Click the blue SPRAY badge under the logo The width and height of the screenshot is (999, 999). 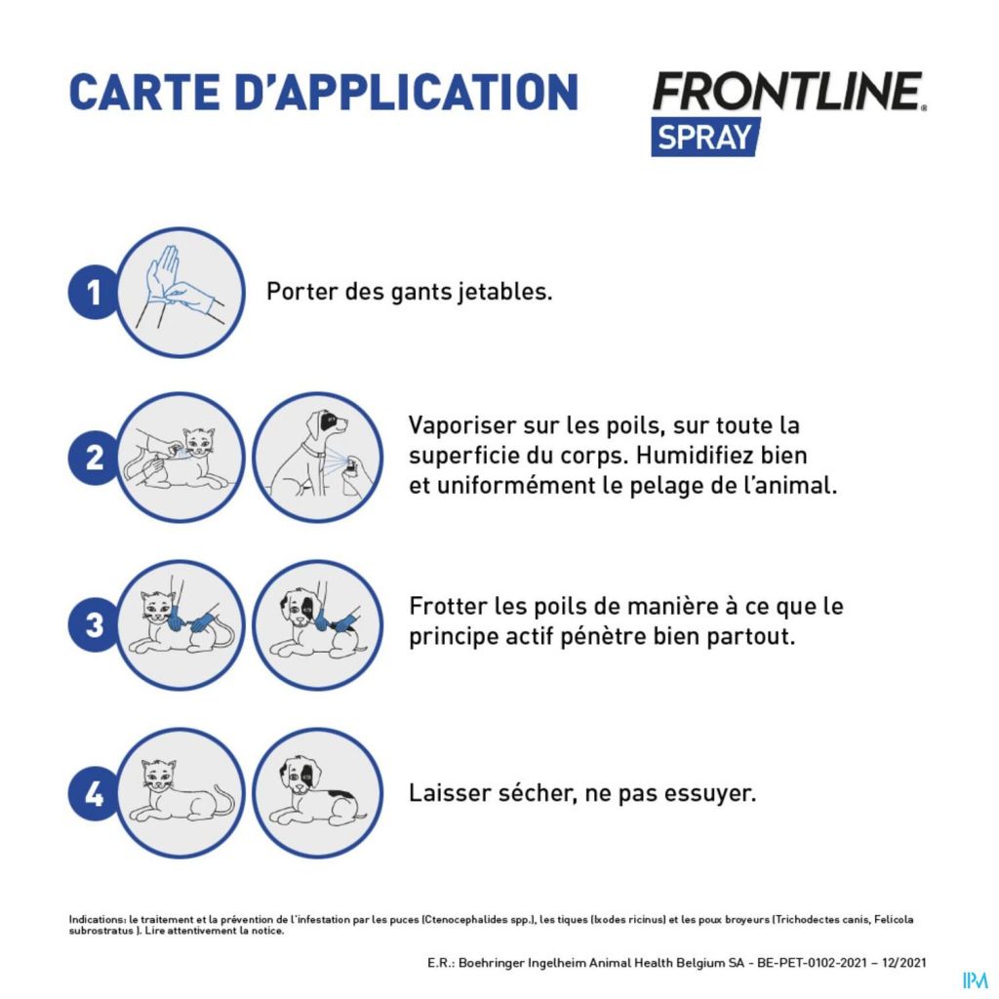click(x=705, y=137)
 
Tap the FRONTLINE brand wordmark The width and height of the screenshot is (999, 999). click(x=788, y=91)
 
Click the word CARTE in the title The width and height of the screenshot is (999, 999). click(x=144, y=93)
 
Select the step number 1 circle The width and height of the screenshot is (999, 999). click(x=95, y=293)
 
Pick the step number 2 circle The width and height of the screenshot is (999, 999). click(x=95, y=458)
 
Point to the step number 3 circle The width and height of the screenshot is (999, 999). click(x=95, y=625)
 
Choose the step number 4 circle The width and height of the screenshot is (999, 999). click(x=95, y=793)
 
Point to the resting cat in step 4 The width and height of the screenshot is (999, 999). click(x=181, y=792)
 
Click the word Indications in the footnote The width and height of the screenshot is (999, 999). click(x=97, y=919)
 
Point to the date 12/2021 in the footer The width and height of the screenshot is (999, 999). click(x=903, y=963)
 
